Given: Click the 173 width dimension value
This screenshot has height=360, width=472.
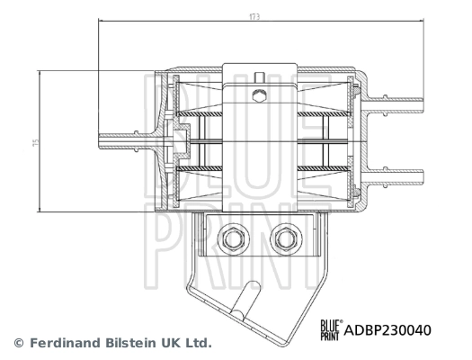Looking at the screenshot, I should (256, 16).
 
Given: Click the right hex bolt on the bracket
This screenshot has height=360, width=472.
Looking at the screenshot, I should (287, 238).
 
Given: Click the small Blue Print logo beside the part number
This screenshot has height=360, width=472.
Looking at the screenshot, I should (332, 328).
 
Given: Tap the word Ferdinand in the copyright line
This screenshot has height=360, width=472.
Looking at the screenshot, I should (66, 343).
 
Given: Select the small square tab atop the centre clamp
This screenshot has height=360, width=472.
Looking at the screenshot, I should (260, 76).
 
